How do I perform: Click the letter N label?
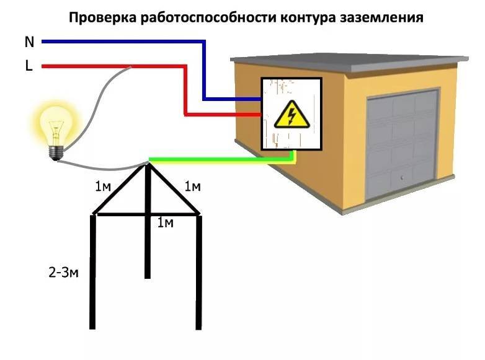pos(29,42)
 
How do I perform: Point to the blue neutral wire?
pos(124,42)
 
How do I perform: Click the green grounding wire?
pos(217,161)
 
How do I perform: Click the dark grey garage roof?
pos(347,58)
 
